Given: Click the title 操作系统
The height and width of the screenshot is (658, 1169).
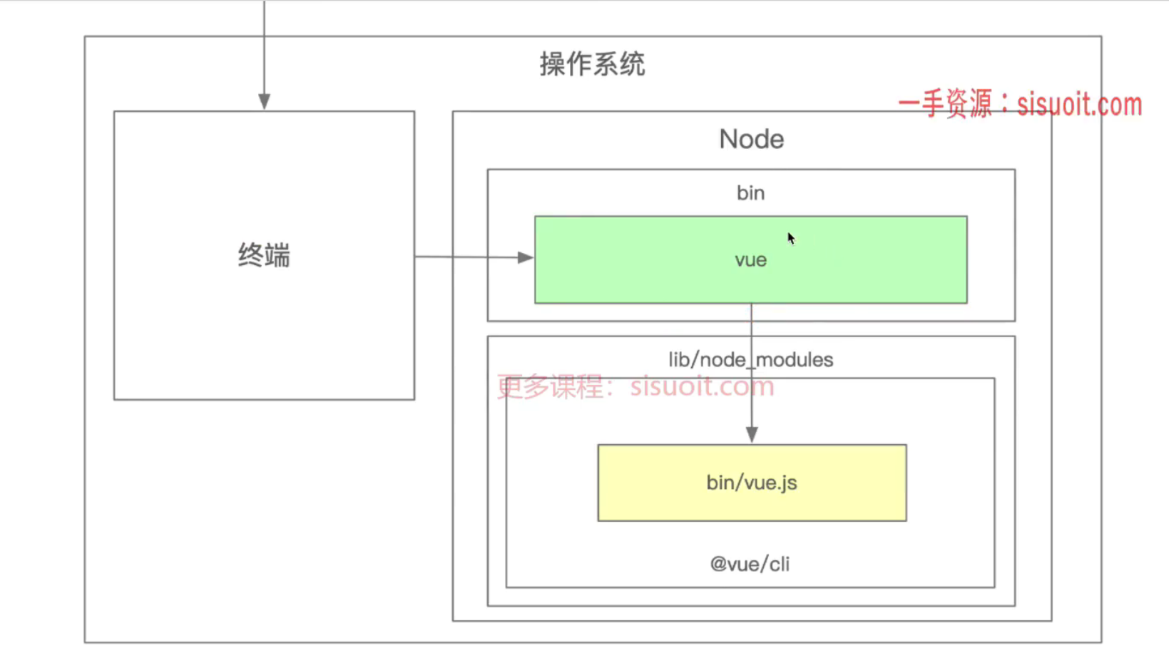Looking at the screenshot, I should pyautogui.click(x=592, y=65).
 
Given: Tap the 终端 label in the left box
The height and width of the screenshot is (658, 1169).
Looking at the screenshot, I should pyautogui.click(x=264, y=255).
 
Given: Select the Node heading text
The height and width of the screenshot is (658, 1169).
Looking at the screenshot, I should pyautogui.click(x=751, y=139).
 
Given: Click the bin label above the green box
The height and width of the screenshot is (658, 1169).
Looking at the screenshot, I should pyautogui.click(x=750, y=193).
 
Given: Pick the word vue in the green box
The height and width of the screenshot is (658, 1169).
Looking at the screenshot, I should pyautogui.click(x=750, y=260).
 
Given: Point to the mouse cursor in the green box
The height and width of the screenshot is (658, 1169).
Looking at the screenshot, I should pyautogui.click(x=790, y=238).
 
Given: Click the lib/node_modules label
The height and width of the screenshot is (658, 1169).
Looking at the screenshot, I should pyautogui.click(x=750, y=360).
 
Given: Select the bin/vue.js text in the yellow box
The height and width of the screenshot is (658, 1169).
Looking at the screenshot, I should pyautogui.click(x=752, y=483).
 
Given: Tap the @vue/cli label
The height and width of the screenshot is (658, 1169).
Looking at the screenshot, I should pyautogui.click(x=750, y=565).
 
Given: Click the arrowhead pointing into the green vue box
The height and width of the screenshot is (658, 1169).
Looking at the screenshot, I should pyautogui.click(x=526, y=257).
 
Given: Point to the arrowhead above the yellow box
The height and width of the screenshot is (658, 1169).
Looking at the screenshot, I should pyautogui.click(x=752, y=434).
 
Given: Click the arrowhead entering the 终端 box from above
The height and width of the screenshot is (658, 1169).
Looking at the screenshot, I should pyautogui.click(x=264, y=101).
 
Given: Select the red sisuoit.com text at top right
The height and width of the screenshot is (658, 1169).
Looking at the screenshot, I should pyautogui.click(x=1079, y=105).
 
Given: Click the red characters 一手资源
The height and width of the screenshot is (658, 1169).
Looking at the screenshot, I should pyautogui.click(x=945, y=104).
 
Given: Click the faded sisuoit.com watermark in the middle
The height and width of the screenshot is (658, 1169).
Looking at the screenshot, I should pyautogui.click(x=702, y=386).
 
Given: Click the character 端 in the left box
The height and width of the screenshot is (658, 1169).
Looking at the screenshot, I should pyautogui.click(x=278, y=255).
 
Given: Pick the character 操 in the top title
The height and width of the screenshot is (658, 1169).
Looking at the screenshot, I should pyautogui.click(x=553, y=65).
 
